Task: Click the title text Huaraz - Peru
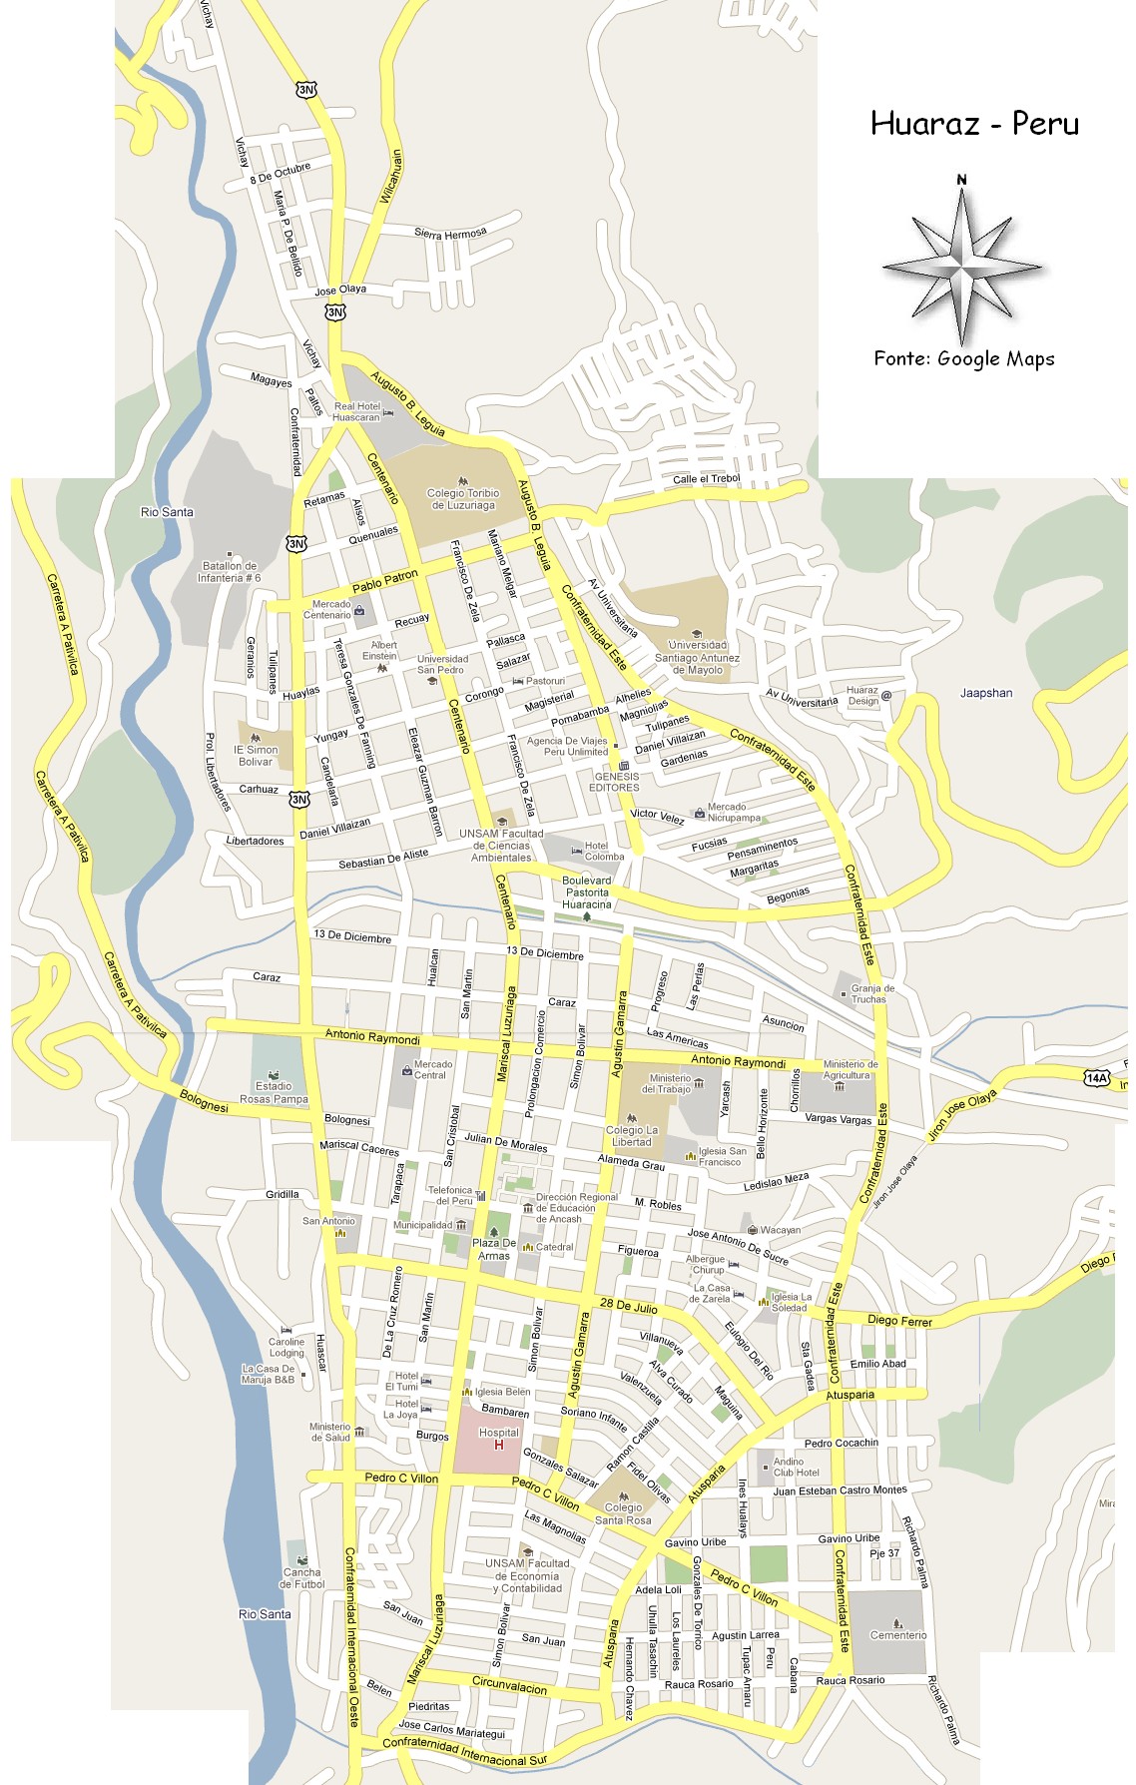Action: (974, 124)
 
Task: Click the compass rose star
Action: (961, 267)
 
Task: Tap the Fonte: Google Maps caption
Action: (963, 359)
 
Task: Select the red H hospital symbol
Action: (499, 1445)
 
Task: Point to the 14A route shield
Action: (1096, 1078)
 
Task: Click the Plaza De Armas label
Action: (493, 1249)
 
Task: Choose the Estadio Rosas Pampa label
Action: (274, 1092)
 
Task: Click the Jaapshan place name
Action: (985, 693)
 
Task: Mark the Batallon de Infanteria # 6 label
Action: (229, 572)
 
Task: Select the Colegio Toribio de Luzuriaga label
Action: (463, 499)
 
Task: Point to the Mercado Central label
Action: (431, 1069)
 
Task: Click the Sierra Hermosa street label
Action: (450, 233)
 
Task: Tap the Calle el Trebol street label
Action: (706, 479)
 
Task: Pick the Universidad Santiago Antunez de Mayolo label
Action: (697, 657)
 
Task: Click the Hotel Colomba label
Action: (603, 851)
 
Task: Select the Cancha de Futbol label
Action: (301, 1577)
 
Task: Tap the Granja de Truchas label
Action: (871, 993)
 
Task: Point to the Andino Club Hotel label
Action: (796, 1467)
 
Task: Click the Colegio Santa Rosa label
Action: (623, 1513)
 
